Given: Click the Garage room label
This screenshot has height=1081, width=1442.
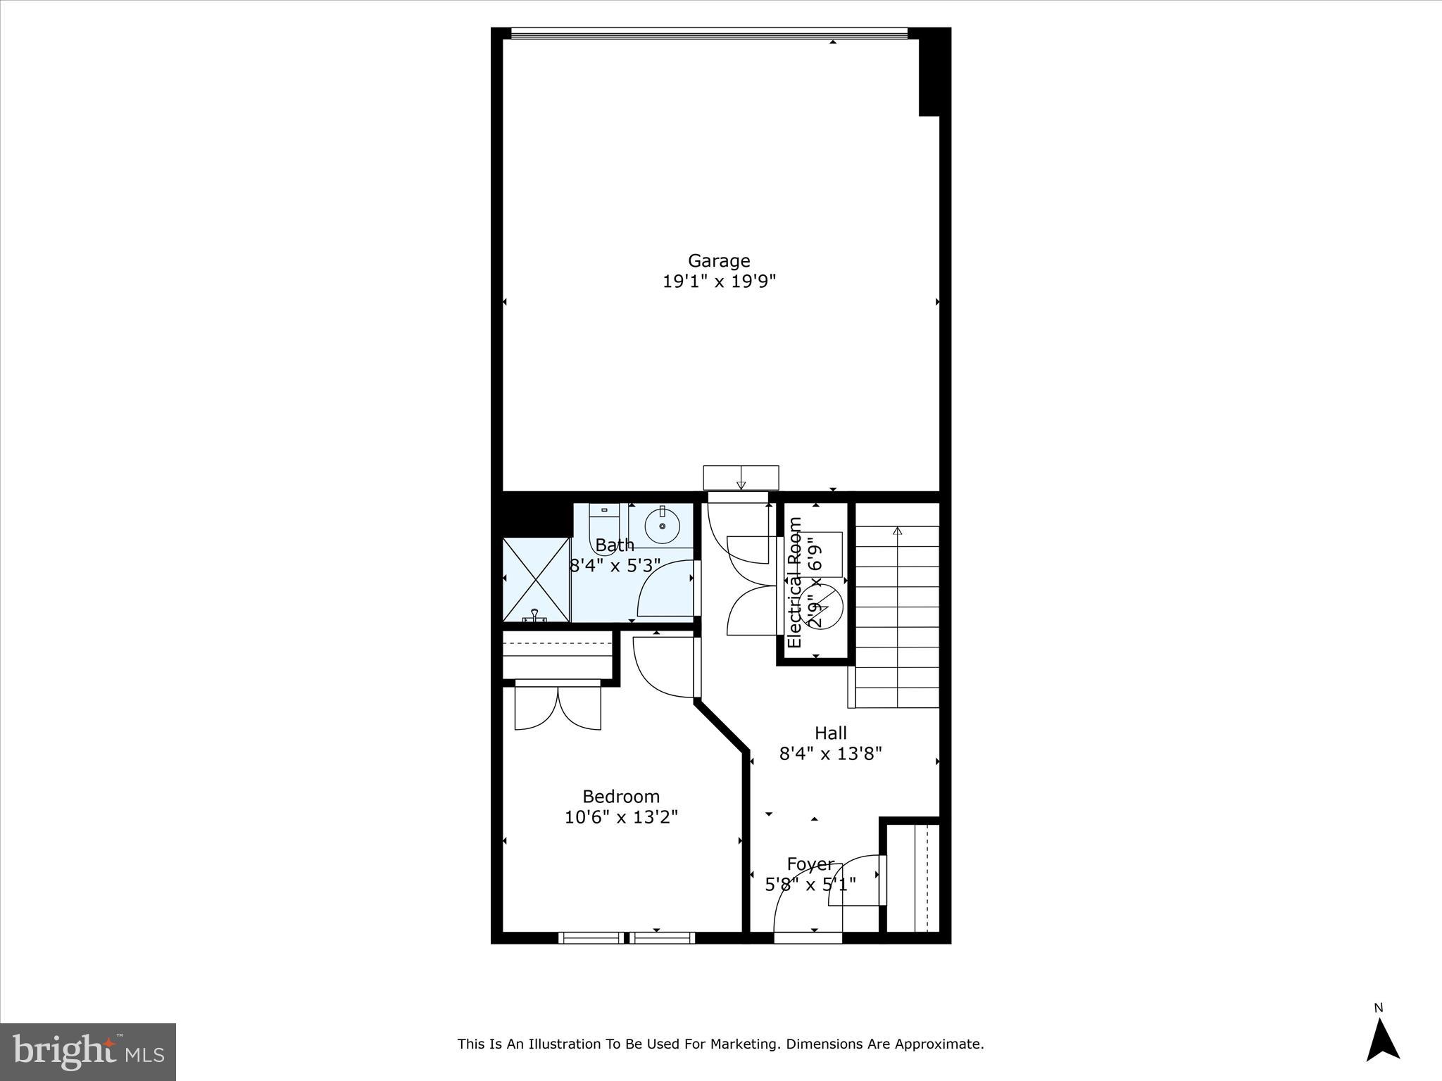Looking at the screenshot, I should point(719,261).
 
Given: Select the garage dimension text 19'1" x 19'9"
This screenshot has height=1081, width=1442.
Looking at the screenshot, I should point(719,282).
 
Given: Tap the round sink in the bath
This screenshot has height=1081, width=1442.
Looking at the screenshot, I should point(662,526).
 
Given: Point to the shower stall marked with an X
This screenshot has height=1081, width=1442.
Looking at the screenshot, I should point(536,579).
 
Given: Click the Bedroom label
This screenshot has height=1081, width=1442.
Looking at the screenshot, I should point(621,797).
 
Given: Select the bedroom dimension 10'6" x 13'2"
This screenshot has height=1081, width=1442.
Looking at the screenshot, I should point(621,817).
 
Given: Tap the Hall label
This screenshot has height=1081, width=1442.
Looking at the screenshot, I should point(831,733).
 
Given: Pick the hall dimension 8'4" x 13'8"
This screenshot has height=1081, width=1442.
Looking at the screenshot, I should point(831,754).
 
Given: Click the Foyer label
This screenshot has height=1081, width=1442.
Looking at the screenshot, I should point(810,864).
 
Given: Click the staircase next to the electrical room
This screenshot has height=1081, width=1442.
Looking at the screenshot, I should point(897,605).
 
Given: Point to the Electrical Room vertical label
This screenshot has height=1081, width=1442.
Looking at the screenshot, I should point(795,583).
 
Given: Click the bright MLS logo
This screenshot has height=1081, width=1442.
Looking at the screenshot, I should point(88,1051).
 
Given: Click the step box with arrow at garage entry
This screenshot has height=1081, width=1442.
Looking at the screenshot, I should point(741,477).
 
